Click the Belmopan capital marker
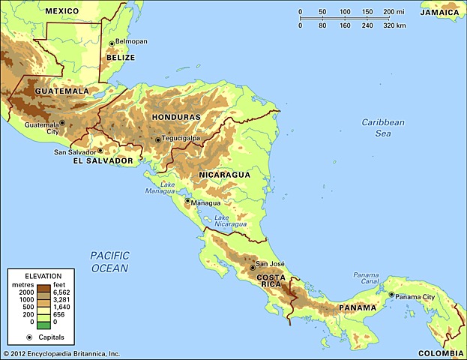pyautogui.click(x=112, y=43)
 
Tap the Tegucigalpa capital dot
pyautogui.click(x=157, y=139)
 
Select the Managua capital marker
pyautogui.click(x=187, y=200)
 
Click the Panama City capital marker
pyautogui.click(x=391, y=295)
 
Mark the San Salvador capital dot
pyautogui.click(x=100, y=151)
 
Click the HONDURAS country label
pyautogui.click(x=176, y=118)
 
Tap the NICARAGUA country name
pyautogui.click(x=224, y=175)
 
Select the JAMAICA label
pyautogui.click(x=440, y=13)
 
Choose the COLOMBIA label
pyautogui.click(x=440, y=352)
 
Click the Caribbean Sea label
pyautogui.click(x=382, y=127)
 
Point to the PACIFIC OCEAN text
pyautogui.click(x=109, y=262)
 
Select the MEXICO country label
pyautogui.click(x=63, y=11)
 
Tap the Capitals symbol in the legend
pyautogui.click(x=23, y=339)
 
